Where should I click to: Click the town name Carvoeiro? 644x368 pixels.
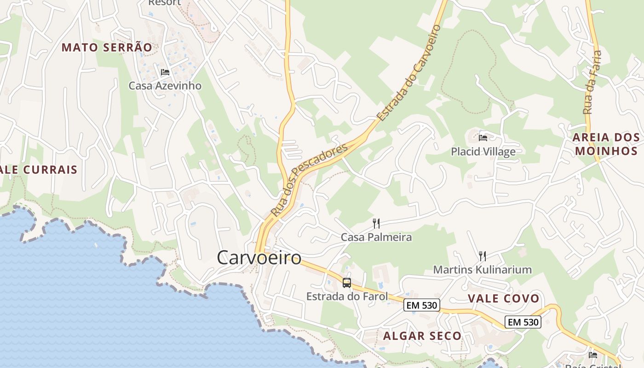(x=259, y=257)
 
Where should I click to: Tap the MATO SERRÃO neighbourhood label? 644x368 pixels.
(x=106, y=47)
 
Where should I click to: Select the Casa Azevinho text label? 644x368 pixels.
(x=165, y=86)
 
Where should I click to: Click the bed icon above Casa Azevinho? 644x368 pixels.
(x=165, y=72)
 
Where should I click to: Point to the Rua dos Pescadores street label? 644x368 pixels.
(x=309, y=180)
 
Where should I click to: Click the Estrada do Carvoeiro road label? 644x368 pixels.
(x=408, y=73)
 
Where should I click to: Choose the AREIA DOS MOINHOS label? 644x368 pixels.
(x=606, y=144)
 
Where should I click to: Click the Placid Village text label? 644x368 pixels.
(x=483, y=151)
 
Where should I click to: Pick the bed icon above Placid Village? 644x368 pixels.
(x=483, y=138)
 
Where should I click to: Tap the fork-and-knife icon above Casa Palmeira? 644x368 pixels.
(x=376, y=224)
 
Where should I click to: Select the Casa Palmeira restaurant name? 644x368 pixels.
(x=376, y=237)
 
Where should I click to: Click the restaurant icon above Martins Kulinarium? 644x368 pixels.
(x=483, y=256)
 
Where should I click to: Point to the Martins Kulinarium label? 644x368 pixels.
(x=483, y=270)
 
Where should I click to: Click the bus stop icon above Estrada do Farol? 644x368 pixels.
(x=347, y=283)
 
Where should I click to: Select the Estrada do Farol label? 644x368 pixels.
(x=347, y=296)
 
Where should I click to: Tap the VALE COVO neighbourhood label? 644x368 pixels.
(x=503, y=299)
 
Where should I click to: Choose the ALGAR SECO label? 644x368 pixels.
(x=422, y=336)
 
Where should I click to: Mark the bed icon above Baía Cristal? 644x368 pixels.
(x=593, y=355)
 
